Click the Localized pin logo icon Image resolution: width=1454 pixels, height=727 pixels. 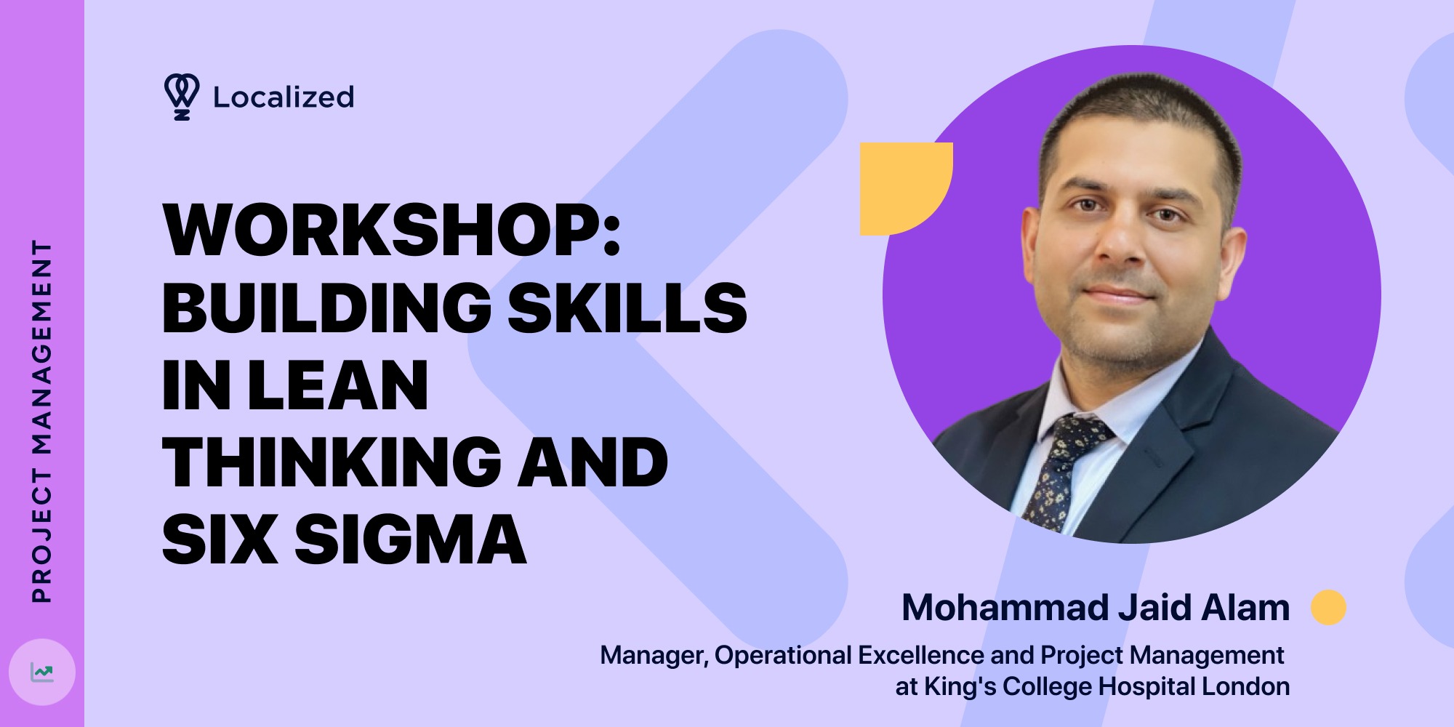click(x=181, y=96)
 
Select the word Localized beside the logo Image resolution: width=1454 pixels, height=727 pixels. click(x=284, y=97)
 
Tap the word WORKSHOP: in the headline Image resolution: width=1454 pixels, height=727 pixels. click(x=392, y=230)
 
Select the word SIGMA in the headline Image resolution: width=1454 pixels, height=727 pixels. click(x=410, y=539)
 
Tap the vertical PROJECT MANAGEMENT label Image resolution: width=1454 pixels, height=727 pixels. click(x=42, y=422)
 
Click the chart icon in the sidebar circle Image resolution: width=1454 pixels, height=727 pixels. click(x=42, y=672)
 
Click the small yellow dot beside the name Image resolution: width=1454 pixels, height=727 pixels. click(x=1328, y=607)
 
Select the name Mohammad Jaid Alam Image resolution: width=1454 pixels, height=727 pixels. click(x=1096, y=608)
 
